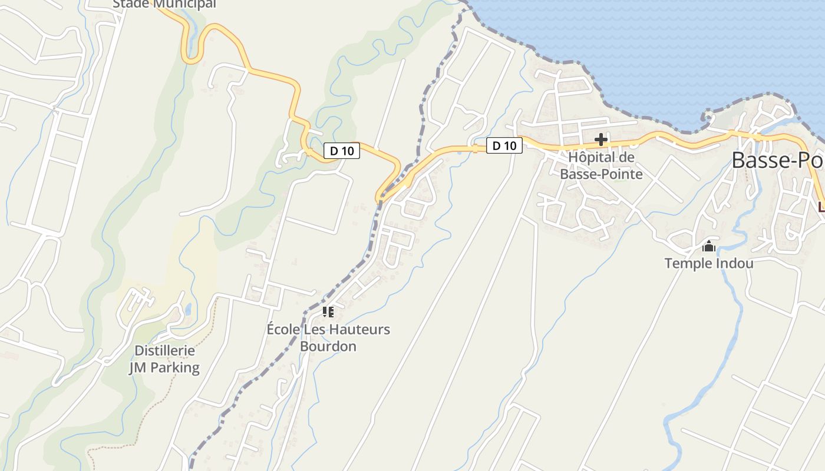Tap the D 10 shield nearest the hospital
pos(504,145)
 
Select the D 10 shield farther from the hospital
pos(342,151)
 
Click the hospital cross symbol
pos(601,140)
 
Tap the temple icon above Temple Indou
pos(708,246)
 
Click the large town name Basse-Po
pos(778,160)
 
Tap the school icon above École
pos(328,311)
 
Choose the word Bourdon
pos(328,346)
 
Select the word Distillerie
pos(164,351)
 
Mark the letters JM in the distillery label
pos(137,368)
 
